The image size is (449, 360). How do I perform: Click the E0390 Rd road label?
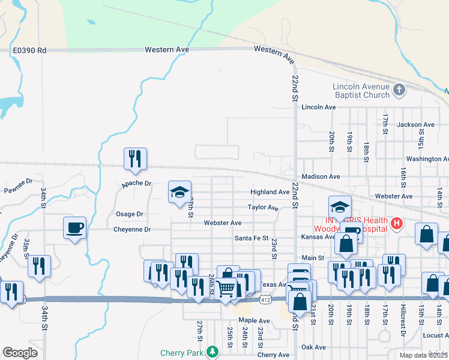(x=29, y=50)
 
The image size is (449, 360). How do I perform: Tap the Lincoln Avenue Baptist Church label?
(x=361, y=91)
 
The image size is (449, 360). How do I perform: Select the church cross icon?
(x=399, y=91)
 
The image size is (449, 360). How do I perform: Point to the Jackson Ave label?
(x=415, y=125)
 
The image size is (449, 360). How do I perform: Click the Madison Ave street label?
(x=321, y=177)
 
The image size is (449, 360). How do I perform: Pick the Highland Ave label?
(x=270, y=193)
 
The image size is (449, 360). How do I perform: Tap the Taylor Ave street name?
(x=263, y=208)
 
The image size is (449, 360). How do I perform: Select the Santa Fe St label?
(x=251, y=238)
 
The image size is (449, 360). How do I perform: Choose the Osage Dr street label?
(x=129, y=214)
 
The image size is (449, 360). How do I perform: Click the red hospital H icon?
(x=396, y=224)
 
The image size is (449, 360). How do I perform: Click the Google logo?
(x=20, y=353)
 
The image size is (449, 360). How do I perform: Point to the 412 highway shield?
(x=265, y=298)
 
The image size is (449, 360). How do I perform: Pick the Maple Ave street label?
(x=254, y=321)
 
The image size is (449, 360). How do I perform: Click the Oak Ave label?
(x=313, y=347)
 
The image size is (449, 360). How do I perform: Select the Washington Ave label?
(x=427, y=159)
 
